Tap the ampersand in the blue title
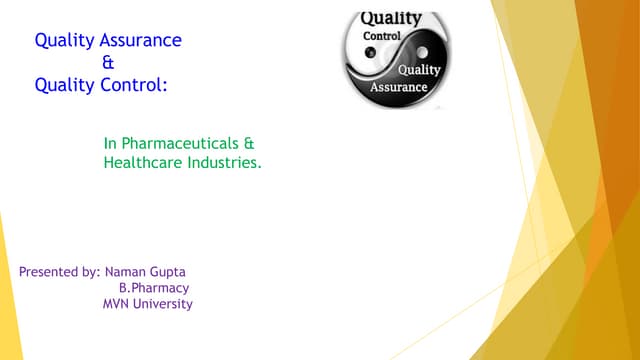click(109, 63)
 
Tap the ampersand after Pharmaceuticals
click(249, 143)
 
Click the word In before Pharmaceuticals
click(110, 143)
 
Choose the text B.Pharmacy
click(154, 288)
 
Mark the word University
click(165, 304)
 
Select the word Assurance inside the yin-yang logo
click(399, 87)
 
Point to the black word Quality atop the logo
click(390, 18)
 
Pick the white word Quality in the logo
click(418, 70)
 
